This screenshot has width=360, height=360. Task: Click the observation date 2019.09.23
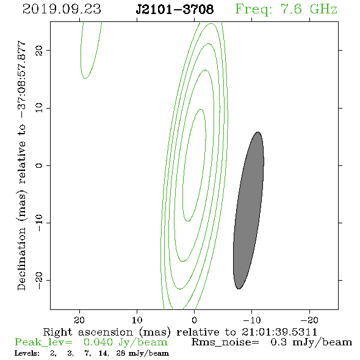(x=62, y=9)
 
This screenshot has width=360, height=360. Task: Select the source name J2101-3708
(x=175, y=9)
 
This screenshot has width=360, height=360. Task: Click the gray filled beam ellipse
(x=249, y=211)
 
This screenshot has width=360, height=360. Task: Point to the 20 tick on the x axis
(x=79, y=320)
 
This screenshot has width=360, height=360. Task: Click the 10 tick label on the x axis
(x=137, y=320)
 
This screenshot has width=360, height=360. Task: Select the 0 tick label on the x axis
(x=194, y=320)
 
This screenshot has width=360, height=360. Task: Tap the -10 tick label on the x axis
(x=252, y=320)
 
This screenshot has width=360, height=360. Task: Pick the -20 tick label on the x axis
(x=309, y=320)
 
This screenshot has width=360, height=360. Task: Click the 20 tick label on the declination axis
(x=39, y=50)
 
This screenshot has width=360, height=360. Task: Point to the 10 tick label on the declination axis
(x=39, y=107)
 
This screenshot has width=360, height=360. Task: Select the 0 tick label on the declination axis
(x=39, y=165)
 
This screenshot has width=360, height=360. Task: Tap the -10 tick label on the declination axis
(x=39, y=223)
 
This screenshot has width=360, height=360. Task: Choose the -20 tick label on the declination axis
(x=39, y=280)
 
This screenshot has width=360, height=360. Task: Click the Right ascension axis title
(x=180, y=332)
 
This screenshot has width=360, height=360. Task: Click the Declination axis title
(x=21, y=165)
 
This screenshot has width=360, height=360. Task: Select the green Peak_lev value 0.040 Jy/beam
(x=125, y=342)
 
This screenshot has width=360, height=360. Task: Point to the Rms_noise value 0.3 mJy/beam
(x=311, y=342)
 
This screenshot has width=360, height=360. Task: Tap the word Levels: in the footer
(x=27, y=353)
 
